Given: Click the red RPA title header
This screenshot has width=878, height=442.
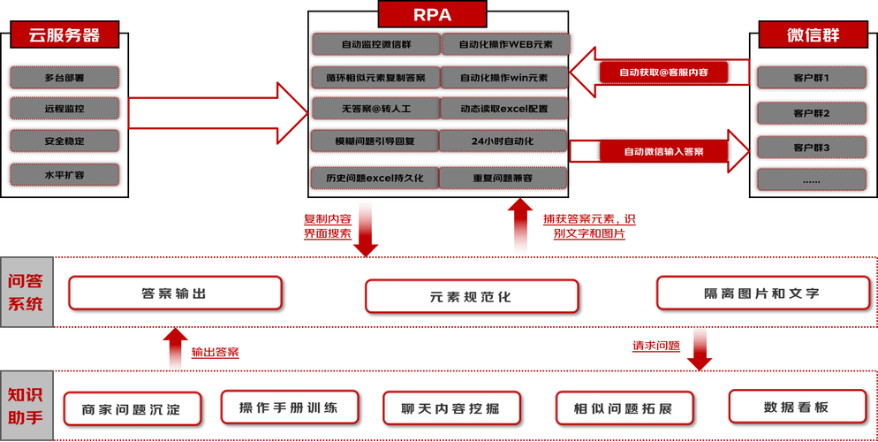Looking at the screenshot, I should click(x=432, y=15).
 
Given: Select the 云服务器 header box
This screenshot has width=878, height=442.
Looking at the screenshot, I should click(x=64, y=36).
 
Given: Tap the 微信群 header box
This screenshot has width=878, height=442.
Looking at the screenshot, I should click(x=813, y=35).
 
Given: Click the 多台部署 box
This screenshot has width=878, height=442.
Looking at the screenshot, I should click(x=64, y=77).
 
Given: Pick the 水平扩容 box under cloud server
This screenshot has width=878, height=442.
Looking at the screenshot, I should click(x=64, y=174).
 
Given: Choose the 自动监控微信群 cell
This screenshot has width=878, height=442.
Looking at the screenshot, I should click(x=375, y=44).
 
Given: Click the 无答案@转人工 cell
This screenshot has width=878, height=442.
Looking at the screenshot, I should click(x=375, y=110).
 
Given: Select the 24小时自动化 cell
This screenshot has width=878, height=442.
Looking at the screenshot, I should click(x=503, y=141).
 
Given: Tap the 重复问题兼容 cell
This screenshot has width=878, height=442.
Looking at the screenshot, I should click(x=503, y=178).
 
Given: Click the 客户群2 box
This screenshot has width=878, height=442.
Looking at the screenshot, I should click(x=812, y=113).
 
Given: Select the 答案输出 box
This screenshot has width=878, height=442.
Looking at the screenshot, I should click(x=175, y=293).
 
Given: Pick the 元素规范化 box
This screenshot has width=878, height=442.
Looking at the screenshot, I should click(x=472, y=296).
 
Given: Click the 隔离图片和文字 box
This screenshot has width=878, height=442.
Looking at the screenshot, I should click(x=761, y=293).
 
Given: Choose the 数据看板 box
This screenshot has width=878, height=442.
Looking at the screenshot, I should click(x=796, y=407).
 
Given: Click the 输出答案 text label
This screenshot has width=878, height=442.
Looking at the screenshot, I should click(x=215, y=352).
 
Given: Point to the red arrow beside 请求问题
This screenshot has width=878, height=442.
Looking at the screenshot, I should click(x=700, y=351).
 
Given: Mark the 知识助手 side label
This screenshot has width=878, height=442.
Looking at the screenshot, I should click(x=26, y=405).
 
